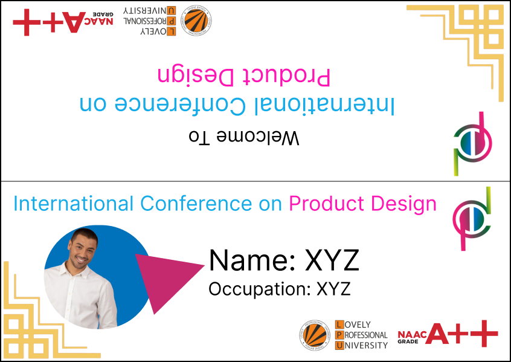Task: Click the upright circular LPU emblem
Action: [315, 335]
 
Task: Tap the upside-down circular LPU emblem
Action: [196, 20]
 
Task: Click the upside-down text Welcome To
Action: [244, 137]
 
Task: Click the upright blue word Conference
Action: [196, 204]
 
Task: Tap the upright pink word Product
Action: [327, 204]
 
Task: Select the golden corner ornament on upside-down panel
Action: [460, 49]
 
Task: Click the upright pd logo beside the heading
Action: [472, 219]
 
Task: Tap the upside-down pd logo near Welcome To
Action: [472, 144]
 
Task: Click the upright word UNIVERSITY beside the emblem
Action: [365, 345]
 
